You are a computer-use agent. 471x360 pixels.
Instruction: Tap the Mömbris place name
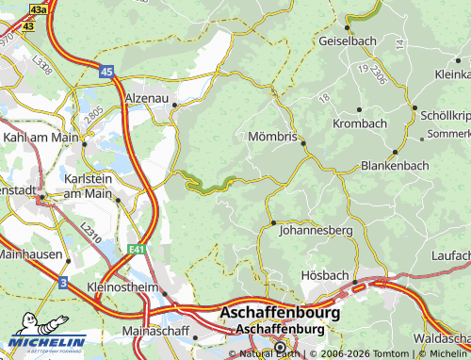(271, 137)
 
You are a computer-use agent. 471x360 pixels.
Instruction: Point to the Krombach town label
(359, 123)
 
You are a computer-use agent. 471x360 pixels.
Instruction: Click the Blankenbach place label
(395, 165)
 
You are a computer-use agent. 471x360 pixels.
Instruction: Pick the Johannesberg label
(317, 229)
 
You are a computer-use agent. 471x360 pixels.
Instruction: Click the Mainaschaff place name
(156, 333)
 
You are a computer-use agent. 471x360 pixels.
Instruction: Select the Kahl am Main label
(39, 137)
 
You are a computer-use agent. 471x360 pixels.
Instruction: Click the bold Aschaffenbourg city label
(281, 311)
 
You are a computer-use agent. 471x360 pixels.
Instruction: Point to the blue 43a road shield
(37, 8)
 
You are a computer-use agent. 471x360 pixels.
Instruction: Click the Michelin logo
(47, 340)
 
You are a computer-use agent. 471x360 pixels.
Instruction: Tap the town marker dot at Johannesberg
(273, 223)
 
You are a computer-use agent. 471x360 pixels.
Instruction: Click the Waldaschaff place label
(441, 335)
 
